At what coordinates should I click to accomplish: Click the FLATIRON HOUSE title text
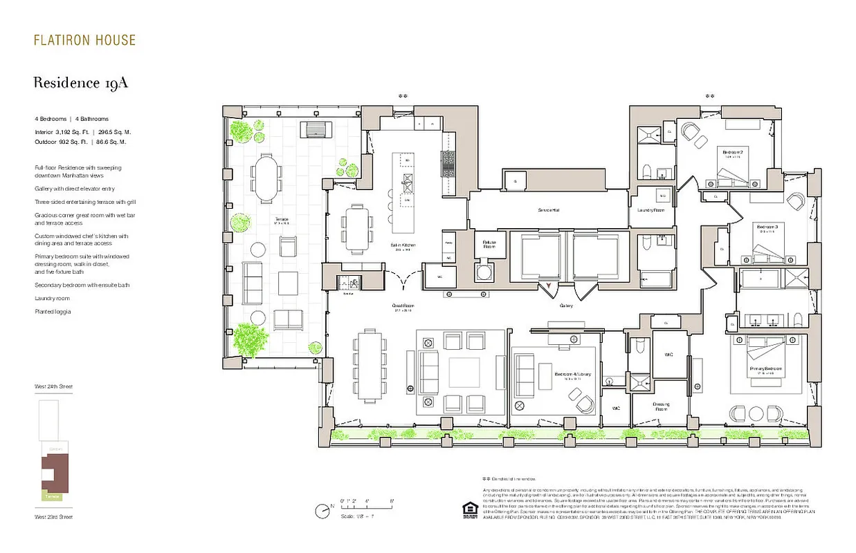click(x=84, y=40)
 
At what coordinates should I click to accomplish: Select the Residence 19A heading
click(x=81, y=83)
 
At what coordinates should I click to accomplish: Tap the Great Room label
click(x=402, y=308)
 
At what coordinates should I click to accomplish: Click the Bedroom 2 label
click(x=732, y=152)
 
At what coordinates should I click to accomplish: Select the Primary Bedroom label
click(x=765, y=369)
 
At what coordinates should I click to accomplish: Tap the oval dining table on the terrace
click(x=266, y=176)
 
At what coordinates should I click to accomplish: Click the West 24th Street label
click(x=53, y=386)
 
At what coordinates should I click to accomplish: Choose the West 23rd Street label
click(x=53, y=517)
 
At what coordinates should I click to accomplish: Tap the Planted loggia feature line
click(x=53, y=312)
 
